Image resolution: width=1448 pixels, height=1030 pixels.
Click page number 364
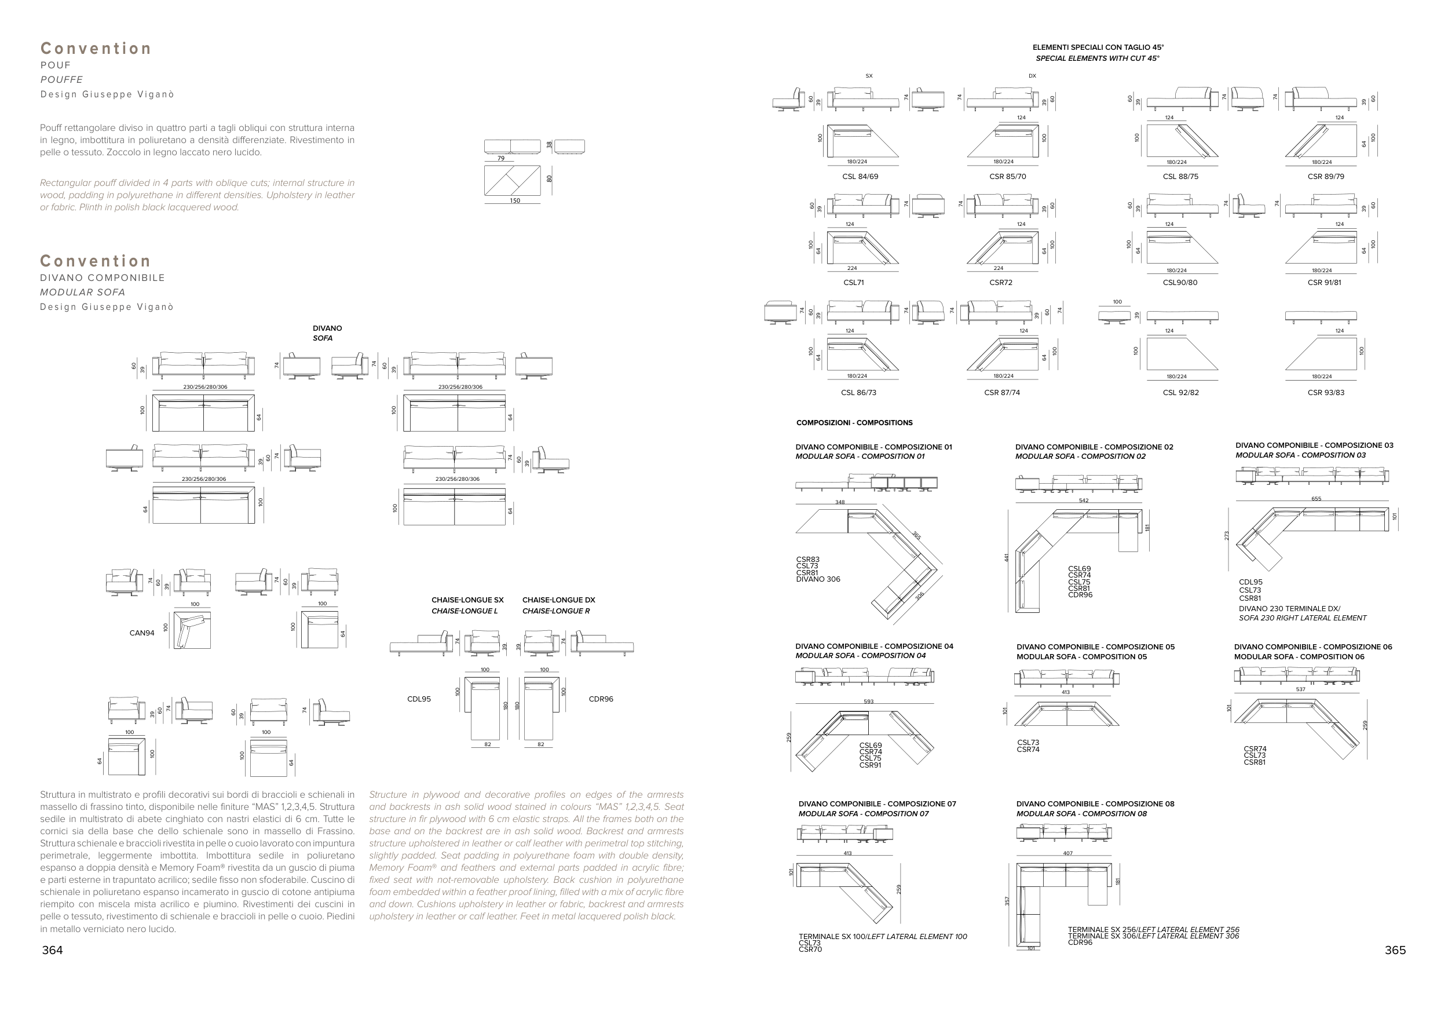pos(52,950)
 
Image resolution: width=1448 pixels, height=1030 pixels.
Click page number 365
pos(1395,950)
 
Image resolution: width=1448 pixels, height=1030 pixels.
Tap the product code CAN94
pos(142,633)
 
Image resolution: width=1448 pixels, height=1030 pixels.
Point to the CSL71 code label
pos(853,283)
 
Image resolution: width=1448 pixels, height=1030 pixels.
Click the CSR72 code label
pos(1000,283)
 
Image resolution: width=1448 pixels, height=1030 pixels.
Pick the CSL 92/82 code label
pos(1180,393)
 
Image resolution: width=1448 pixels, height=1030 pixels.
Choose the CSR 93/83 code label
pos(1326,393)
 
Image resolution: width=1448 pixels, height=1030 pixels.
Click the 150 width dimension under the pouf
pos(515,201)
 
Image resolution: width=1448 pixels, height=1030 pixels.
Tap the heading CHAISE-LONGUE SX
pos(467,600)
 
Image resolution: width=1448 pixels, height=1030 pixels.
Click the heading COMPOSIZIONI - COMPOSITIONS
pos(854,423)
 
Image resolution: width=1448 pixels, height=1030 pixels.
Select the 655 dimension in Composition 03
pos(1316,499)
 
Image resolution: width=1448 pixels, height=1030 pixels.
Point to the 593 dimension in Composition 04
pos(869,702)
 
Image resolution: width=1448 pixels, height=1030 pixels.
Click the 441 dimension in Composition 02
pos(1006,557)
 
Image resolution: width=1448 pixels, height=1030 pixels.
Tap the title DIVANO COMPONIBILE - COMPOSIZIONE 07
pos(877,804)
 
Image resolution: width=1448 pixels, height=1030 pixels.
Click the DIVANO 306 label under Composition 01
pos(818,579)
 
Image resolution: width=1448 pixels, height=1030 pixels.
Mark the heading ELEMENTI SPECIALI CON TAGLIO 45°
pos(1098,48)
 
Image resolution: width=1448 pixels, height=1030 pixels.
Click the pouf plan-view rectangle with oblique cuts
pos(512,181)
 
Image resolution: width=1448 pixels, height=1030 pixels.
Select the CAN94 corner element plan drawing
pos(192,630)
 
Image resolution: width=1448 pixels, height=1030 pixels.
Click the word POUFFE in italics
pos(61,80)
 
